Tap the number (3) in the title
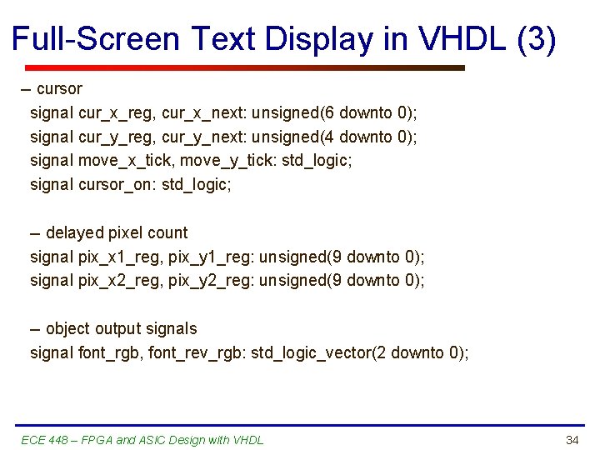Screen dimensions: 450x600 [536, 39]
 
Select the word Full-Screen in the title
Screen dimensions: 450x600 [96, 39]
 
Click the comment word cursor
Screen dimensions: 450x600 [59, 88]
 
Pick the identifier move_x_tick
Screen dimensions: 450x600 [124, 160]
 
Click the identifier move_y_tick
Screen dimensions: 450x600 [226, 160]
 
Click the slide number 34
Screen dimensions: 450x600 [572, 440]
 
